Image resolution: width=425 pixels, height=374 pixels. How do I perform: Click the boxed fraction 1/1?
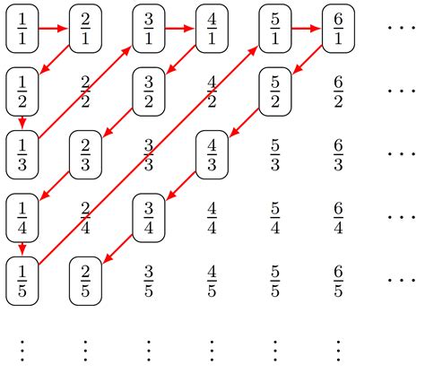pyautogui.click(x=22, y=28)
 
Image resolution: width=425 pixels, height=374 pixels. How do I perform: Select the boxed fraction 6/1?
pyautogui.click(x=339, y=28)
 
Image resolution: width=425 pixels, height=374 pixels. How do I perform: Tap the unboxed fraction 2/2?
pyautogui.click(x=85, y=91)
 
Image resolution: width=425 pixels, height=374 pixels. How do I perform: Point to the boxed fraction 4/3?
pyautogui.click(x=212, y=153)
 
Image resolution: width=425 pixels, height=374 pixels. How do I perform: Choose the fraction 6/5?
pyautogui.click(x=339, y=279)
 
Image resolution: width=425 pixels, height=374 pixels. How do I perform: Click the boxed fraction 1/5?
pyautogui.click(x=22, y=279)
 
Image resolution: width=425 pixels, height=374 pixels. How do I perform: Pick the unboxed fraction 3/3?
pyautogui.click(x=149, y=153)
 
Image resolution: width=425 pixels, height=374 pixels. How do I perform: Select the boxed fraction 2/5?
pyautogui.click(x=85, y=279)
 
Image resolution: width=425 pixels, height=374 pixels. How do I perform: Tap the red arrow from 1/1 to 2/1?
pyautogui.click(x=53, y=28)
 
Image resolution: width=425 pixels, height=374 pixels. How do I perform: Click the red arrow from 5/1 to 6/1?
pyautogui.click(x=307, y=28)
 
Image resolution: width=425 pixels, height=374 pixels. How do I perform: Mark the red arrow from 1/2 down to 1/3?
pyautogui.click(x=22, y=122)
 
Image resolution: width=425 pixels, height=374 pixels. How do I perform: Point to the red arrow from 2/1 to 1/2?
pyautogui.click(x=54, y=59)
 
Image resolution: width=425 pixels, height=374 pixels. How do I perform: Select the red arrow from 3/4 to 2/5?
pyautogui.click(x=117, y=248)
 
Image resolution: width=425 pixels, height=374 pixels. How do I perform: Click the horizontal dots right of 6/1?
pyautogui.click(x=401, y=28)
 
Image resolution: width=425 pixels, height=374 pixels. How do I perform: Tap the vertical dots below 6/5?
pyautogui.click(x=339, y=346)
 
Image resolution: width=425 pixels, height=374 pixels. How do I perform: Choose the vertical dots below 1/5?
pyautogui.click(x=22, y=346)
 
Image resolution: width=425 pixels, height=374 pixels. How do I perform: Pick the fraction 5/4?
pyautogui.click(x=275, y=216)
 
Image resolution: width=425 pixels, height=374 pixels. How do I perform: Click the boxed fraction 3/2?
pyautogui.click(x=149, y=91)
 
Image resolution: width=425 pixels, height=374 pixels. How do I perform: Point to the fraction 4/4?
pyautogui.click(x=212, y=216)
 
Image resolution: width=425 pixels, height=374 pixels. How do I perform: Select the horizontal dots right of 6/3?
pyautogui.click(x=401, y=153)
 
